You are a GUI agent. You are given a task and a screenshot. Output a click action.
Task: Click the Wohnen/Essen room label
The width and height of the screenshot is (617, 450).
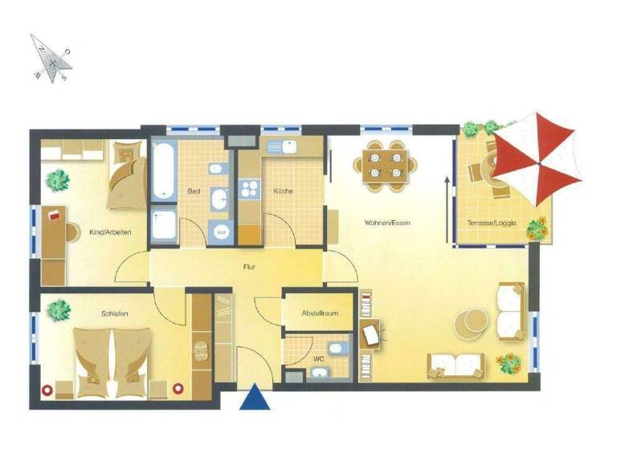[386, 222]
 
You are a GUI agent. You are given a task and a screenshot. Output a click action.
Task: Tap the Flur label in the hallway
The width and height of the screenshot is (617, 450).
[249, 266]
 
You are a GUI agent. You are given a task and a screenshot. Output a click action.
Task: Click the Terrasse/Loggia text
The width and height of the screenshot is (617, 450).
[491, 223]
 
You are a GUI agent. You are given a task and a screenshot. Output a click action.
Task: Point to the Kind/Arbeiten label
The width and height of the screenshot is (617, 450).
[110, 232]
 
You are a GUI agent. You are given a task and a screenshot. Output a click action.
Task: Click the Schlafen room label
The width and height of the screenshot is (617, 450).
[115, 313]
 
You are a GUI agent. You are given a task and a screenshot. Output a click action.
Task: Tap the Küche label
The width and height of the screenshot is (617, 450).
[282, 191]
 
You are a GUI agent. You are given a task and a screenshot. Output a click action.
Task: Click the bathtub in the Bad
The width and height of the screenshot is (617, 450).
[164, 171]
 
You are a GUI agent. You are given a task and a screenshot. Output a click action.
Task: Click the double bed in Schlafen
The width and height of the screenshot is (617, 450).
[112, 361]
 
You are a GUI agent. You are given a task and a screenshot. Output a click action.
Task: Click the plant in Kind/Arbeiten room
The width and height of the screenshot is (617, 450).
[56, 180]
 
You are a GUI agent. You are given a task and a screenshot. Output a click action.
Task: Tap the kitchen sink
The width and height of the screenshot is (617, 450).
[284, 146]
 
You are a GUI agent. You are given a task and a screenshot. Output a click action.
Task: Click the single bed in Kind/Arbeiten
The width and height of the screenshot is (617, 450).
[125, 173]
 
